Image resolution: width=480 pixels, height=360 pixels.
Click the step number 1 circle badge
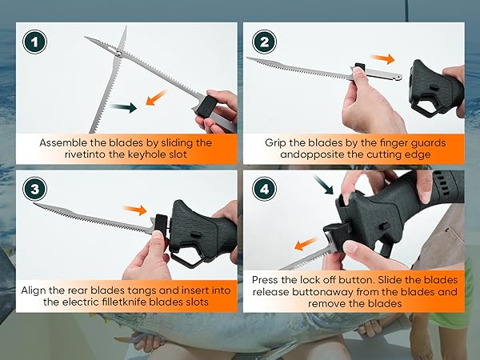(x=34, y=42)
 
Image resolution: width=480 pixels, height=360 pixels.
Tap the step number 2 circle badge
(x=266, y=42)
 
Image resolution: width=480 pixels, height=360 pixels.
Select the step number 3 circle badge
(x=34, y=189)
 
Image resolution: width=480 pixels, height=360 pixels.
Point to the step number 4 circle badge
(x=266, y=189)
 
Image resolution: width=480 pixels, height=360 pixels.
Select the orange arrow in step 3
(x=138, y=211)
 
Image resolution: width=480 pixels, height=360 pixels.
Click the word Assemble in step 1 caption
(x=66, y=142)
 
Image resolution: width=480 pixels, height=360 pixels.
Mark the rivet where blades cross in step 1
(x=116, y=53)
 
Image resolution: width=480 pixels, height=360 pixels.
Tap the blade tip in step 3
(x=38, y=206)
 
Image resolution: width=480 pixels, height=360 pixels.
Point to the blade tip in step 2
(x=250, y=58)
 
